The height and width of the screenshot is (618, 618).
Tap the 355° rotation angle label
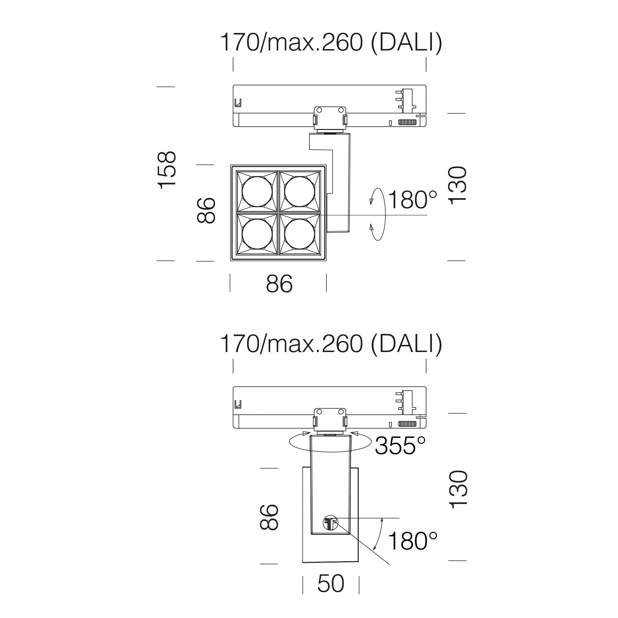(x=400, y=446)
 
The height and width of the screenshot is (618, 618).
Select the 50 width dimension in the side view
(x=331, y=584)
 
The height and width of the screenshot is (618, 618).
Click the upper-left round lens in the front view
(x=257, y=191)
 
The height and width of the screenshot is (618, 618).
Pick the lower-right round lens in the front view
(x=299, y=234)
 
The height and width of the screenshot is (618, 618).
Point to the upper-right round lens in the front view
(x=299, y=191)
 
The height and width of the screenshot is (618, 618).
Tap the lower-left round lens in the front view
(x=257, y=234)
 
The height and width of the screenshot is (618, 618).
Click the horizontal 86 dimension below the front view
(x=279, y=284)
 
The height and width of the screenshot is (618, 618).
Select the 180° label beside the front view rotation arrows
(x=412, y=200)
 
